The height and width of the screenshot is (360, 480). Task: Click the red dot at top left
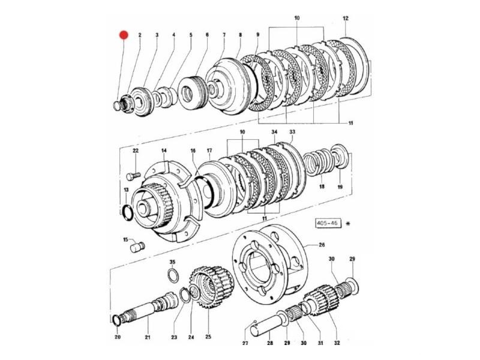tap(124, 35)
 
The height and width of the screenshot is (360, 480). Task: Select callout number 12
tap(345, 19)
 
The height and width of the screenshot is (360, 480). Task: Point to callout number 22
tap(136, 150)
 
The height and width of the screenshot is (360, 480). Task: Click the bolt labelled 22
tap(133, 175)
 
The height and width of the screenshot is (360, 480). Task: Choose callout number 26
tap(321, 245)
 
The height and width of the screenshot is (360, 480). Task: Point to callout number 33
tap(292, 132)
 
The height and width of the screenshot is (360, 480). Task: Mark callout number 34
tap(274, 132)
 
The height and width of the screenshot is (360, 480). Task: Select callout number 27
tap(245, 343)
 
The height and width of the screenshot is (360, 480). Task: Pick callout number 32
tap(337, 343)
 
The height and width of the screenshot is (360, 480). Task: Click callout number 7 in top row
tap(224, 35)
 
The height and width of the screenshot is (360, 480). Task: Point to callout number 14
tap(163, 150)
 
